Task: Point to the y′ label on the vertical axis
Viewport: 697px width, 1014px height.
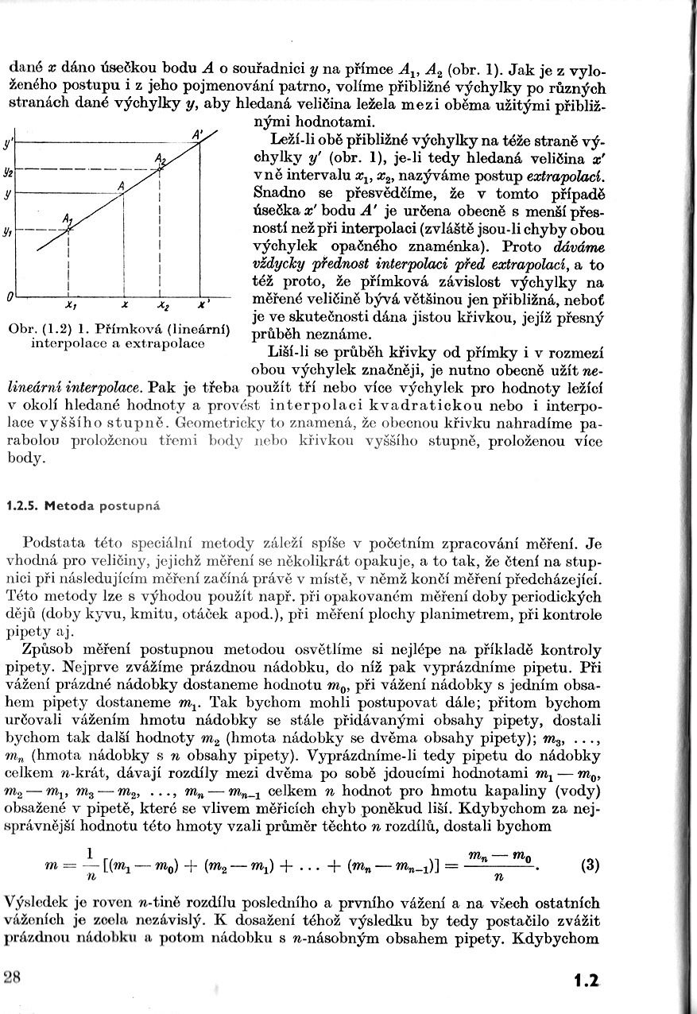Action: point(8,145)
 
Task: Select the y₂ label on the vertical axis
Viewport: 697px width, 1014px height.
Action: point(8,170)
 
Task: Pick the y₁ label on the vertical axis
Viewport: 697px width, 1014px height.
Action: point(8,231)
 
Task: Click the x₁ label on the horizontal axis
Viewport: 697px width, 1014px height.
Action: point(71,304)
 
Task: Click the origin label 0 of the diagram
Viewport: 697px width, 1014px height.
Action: point(9,296)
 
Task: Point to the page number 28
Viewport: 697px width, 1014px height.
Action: point(14,977)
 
